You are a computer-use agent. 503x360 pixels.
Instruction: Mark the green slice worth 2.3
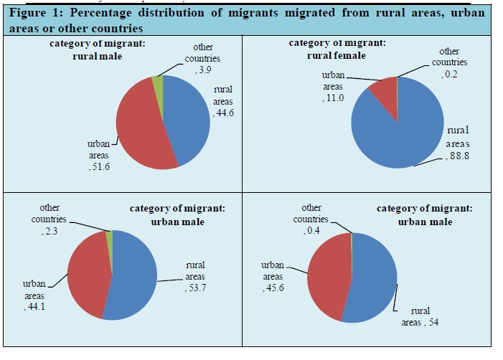click(108, 235)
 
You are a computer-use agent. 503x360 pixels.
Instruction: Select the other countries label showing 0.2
click(449, 62)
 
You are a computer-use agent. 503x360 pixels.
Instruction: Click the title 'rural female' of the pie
click(339, 55)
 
